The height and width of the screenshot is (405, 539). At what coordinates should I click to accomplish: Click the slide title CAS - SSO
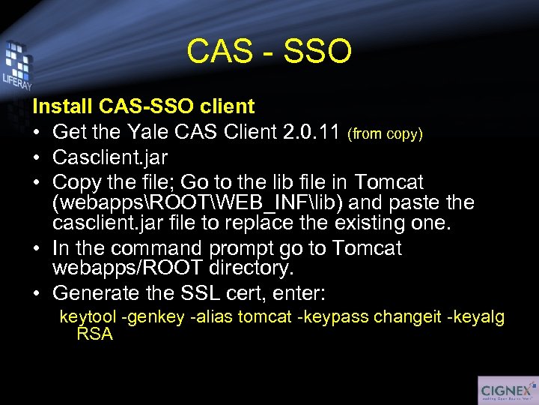click(269, 52)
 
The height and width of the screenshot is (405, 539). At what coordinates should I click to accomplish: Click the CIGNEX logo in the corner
click(507, 390)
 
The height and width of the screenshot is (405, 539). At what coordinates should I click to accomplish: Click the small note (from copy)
click(386, 135)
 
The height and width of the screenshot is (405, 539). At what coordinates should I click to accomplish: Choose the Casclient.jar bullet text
click(110, 158)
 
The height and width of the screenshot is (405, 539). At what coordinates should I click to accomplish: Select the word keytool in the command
click(88, 317)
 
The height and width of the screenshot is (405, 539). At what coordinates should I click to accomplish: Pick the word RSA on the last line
click(94, 334)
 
